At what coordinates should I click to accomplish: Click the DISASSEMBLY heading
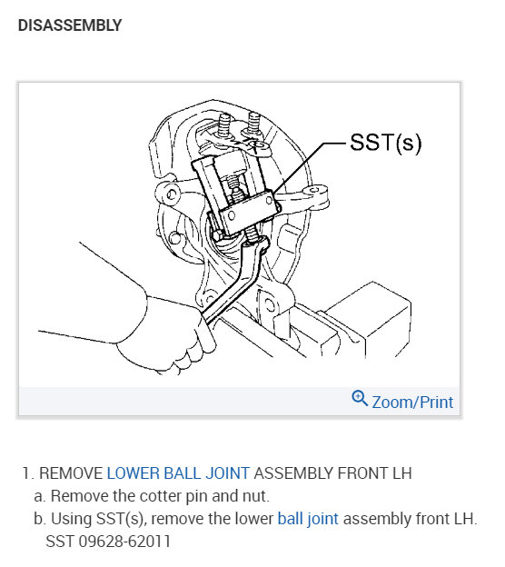(69, 26)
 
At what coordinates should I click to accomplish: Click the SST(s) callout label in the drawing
(386, 143)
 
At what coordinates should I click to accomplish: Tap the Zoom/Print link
(412, 401)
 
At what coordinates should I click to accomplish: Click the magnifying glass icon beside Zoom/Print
(360, 399)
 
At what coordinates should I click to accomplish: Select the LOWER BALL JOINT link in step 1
(178, 473)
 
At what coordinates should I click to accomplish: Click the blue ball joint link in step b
(308, 519)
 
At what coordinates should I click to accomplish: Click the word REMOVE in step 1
(71, 473)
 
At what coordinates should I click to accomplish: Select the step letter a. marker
(39, 496)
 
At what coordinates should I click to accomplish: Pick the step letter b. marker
(39, 519)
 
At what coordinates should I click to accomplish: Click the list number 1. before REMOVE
(28, 473)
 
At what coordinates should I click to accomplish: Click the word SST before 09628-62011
(60, 542)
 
